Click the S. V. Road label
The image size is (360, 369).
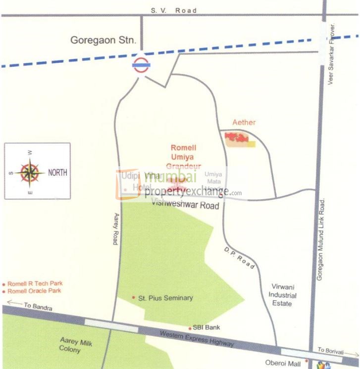tap(174, 10)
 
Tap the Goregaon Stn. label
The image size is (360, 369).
tap(103, 40)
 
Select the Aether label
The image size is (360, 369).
tap(244, 122)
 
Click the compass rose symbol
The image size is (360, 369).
tap(30, 172)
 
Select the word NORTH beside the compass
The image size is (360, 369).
tap(57, 173)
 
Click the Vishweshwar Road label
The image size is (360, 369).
tap(185, 204)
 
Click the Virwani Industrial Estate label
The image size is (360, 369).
tap(283, 295)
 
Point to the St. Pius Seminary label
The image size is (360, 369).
tap(165, 298)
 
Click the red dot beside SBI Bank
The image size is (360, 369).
tap(190, 328)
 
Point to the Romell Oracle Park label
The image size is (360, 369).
tap(34, 291)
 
